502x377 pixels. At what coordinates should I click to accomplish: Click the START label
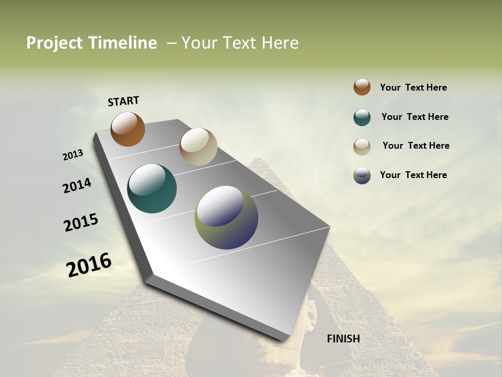coord(123,101)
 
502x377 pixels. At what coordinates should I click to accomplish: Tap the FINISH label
coord(343,339)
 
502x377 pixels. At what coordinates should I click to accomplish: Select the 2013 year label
coord(73,155)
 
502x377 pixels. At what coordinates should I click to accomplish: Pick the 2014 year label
coord(77,185)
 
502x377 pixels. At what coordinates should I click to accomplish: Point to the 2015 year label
coord(81,222)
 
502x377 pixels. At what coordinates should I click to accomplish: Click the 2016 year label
coord(89,264)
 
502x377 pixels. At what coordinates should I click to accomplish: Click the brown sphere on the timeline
coord(128,129)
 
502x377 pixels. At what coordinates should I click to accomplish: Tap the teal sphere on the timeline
coord(152,188)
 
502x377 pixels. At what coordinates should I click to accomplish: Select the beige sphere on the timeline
coord(198,147)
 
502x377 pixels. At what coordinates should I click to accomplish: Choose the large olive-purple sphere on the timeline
coord(226,217)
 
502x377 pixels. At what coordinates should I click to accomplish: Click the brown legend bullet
coord(362,87)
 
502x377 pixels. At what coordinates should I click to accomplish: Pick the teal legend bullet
coord(362,117)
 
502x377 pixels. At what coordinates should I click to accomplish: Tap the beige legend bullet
coord(362,146)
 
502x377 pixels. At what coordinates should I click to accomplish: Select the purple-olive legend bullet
coord(362,175)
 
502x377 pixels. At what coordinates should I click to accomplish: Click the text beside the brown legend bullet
coord(413,87)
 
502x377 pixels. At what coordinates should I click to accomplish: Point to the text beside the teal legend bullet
coord(415,117)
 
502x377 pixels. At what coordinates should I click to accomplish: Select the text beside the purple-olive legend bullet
coord(413,175)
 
